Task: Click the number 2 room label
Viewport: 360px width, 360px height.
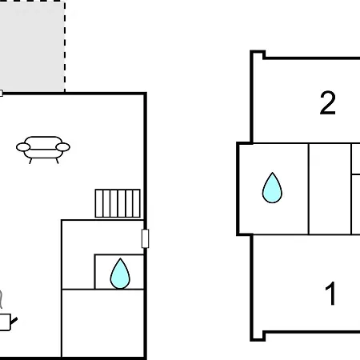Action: pos(327,103)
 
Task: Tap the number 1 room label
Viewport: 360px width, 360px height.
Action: pos(330,294)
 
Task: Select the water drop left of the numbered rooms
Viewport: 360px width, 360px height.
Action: pos(272,188)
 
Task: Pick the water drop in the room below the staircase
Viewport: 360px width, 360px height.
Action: pos(120,274)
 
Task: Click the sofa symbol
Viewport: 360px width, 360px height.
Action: pos(43,150)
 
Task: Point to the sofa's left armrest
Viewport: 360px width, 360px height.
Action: pos(23,147)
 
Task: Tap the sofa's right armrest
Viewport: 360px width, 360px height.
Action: pos(63,147)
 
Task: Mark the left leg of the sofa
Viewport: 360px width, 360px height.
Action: pos(30,161)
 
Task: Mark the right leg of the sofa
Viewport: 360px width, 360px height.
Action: pos(57,161)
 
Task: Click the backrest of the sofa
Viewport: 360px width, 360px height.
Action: pos(43,141)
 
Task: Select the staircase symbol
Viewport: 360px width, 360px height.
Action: pos(118,203)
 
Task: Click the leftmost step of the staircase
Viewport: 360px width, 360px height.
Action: pos(99,203)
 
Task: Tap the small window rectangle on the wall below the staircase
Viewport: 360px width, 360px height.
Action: pos(145,238)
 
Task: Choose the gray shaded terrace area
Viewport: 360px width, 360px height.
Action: pos(32,46)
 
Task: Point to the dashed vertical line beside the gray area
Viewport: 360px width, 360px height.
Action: pos(65,46)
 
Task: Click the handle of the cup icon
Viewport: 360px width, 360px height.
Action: pos(14,321)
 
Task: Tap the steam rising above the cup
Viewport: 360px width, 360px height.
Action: pos(1,299)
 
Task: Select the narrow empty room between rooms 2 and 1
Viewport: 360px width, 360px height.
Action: pos(330,189)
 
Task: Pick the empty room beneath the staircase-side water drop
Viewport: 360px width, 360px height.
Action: pos(102,323)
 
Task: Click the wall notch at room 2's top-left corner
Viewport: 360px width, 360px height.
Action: pos(258,54)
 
